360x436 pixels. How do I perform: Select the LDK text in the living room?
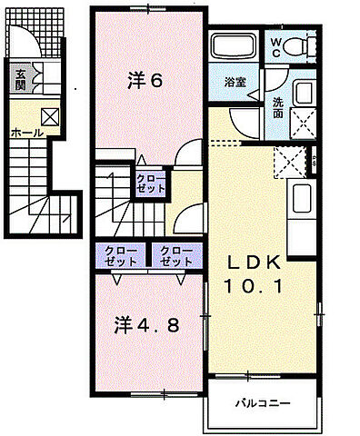[x=257, y=263]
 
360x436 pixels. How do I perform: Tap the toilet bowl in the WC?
[x=301, y=47]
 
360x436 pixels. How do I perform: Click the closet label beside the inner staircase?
[x=151, y=183]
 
